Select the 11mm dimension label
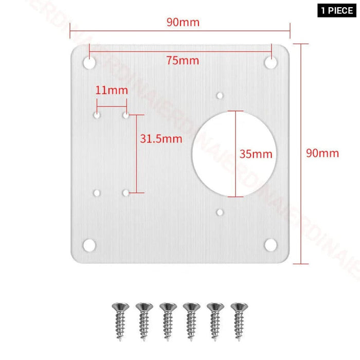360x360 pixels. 112,91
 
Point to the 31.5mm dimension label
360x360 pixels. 161,138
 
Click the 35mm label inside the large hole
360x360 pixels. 256,154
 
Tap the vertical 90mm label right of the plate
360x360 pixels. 322,153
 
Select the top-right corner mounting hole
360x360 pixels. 271,63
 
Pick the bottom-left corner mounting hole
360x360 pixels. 90,245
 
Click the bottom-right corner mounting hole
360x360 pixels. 271,245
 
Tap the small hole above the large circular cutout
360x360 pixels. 220,96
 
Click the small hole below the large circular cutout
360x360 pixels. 220,212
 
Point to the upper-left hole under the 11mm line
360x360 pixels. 97,115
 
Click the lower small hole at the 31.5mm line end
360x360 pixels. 125,193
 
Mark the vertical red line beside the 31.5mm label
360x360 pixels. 136,154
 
